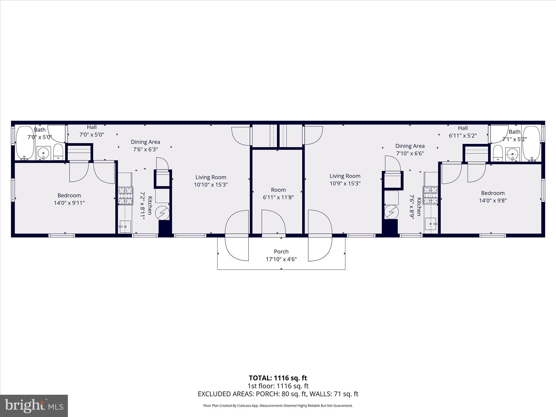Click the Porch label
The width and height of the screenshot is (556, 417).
point(281,251)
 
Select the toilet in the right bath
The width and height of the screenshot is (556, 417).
point(498,153)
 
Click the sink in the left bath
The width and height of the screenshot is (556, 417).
point(43,153)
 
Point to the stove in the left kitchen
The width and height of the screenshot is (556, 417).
point(126,196)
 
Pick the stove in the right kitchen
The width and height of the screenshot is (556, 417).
point(430,195)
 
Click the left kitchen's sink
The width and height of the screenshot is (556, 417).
point(125,226)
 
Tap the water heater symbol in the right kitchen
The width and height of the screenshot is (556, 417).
point(391,212)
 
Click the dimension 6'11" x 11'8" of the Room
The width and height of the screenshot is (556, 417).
point(278,197)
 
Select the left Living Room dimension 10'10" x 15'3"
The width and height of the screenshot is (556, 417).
point(211,185)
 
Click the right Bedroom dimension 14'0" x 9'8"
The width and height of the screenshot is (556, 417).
point(493,201)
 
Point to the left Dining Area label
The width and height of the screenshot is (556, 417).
point(146,142)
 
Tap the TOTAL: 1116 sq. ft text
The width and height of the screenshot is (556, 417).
point(278,378)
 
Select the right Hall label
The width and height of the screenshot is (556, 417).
point(463,128)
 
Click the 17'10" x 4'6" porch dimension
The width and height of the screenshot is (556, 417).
point(281,259)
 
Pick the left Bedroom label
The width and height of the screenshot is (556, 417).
point(69,195)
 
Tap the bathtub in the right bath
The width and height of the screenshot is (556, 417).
point(532,143)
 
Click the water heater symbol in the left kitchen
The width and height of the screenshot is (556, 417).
point(162,213)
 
